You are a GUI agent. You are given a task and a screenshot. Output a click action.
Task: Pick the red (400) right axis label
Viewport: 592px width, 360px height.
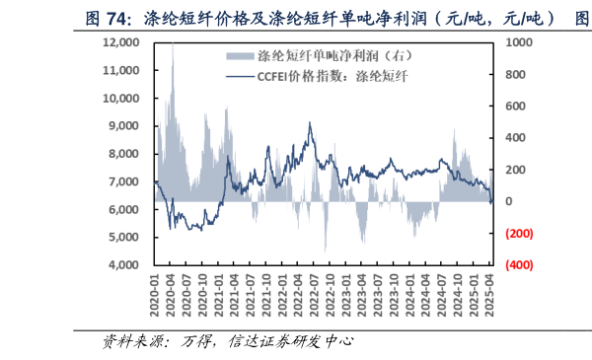coord(519,265)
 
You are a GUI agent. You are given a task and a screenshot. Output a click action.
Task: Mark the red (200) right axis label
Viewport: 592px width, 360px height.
coord(519,234)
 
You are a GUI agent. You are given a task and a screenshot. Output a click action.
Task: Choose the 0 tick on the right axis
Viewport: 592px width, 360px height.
coord(508,201)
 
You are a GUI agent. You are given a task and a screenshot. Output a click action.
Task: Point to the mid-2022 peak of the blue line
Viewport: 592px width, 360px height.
coord(310,123)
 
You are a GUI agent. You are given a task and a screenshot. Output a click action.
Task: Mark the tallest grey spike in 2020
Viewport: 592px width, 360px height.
coord(173,44)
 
